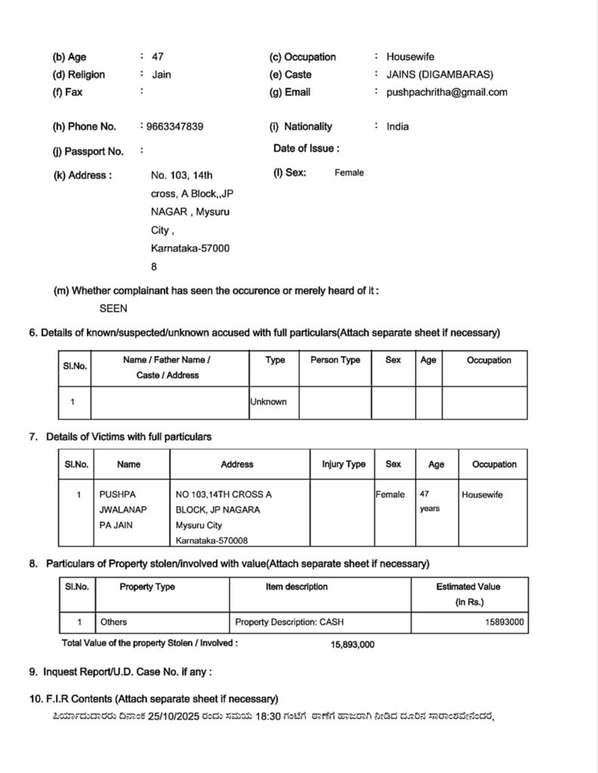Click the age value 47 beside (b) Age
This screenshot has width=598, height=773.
point(158,57)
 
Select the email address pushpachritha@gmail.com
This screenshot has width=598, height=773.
point(447,92)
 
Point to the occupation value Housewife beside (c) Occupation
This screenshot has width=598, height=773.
point(410,57)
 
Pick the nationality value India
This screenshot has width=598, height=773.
point(398,126)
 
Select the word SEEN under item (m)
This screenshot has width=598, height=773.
point(113,308)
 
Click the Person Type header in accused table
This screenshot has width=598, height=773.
point(335,360)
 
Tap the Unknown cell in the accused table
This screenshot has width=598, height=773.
point(269,402)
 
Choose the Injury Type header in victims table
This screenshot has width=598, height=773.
point(344,464)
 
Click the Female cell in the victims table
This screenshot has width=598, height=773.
point(390,494)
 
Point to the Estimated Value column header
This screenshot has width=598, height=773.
point(468,587)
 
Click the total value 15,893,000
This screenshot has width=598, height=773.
point(353,644)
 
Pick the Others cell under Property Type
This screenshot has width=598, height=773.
point(113,622)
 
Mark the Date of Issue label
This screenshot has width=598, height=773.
point(306,149)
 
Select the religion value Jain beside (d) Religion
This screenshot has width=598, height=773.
point(162,75)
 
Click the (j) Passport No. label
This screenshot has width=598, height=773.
point(88,151)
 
